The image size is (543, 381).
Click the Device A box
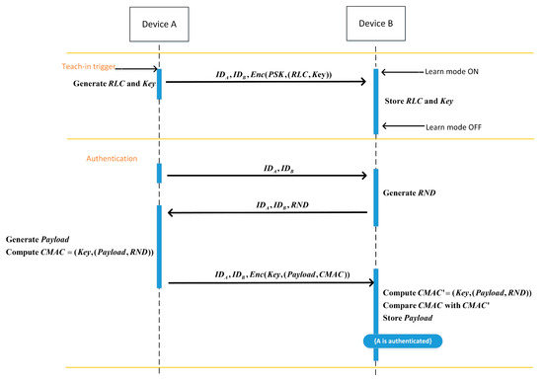pos(159,22)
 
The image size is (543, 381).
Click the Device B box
pos(374,22)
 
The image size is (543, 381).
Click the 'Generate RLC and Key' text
pos(114,83)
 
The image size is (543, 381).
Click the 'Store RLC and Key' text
pos(426,100)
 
